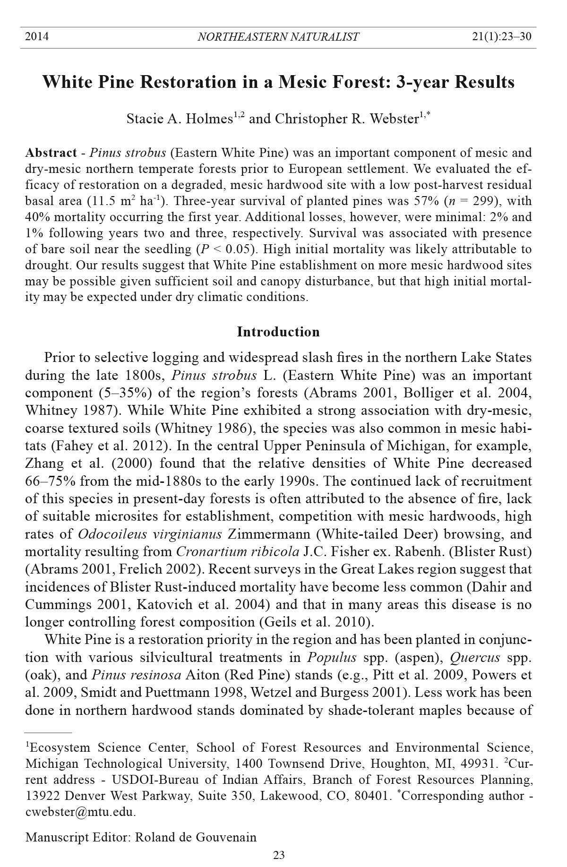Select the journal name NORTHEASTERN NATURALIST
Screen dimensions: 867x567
(x=278, y=37)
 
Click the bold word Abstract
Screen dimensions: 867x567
(x=51, y=153)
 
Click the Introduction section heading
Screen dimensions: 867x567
(x=278, y=332)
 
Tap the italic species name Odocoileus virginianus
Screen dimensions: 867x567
(x=150, y=534)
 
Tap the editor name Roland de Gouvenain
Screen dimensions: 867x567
(x=196, y=837)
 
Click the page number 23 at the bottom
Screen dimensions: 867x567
(x=279, y=855)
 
